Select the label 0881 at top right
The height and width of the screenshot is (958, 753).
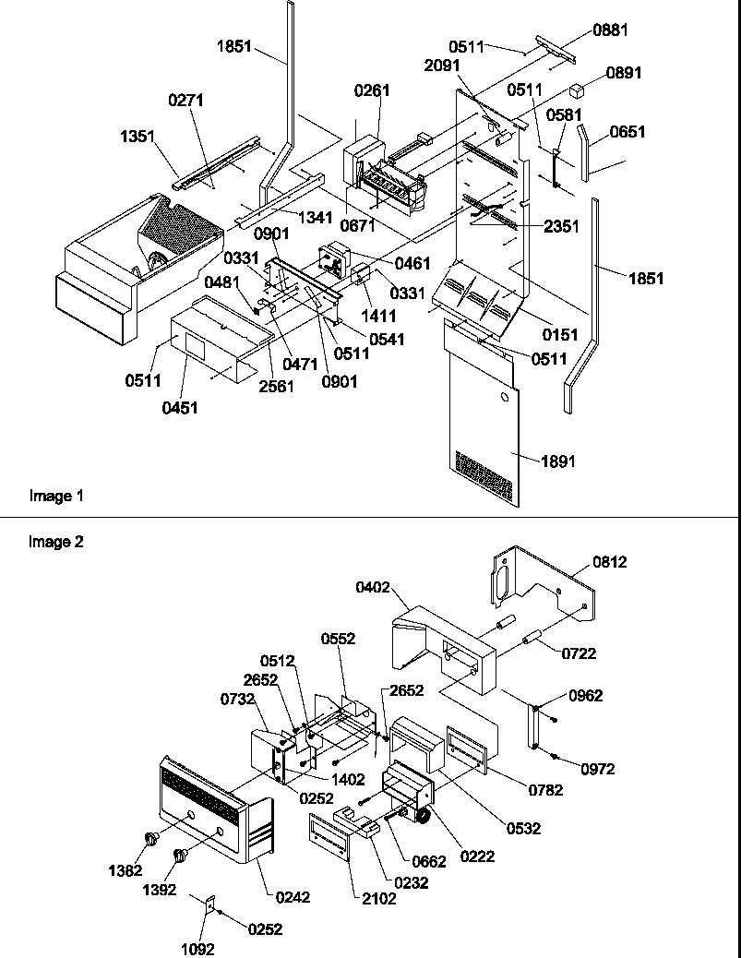point(610,30)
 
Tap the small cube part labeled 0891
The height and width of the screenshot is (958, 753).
point(578,90)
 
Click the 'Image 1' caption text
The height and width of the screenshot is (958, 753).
point(56,497)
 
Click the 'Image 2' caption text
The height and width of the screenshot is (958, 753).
point(56,543)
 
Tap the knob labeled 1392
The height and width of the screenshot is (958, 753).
point(181,856)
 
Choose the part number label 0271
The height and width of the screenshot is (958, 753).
point(185,100)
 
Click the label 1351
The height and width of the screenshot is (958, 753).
point(137,136)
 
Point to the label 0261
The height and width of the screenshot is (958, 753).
point(372,90)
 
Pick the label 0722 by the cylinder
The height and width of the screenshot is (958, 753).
point(579,653)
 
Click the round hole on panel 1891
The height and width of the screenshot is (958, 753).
point(504,398)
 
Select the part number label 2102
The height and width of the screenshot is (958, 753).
point(377,898)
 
